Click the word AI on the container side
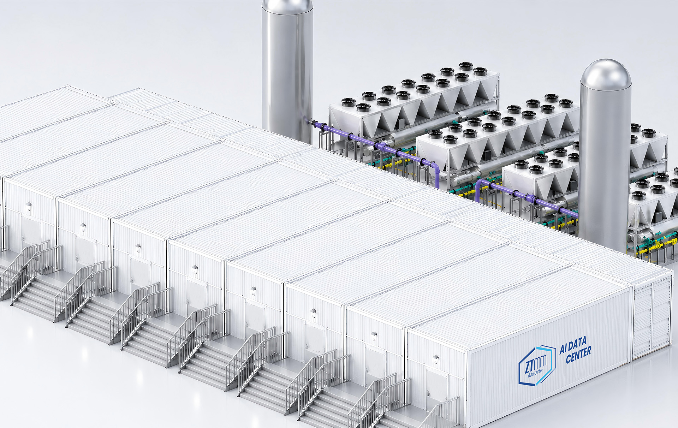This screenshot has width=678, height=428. click(564, 349)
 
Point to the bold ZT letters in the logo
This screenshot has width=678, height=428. click(530, 366)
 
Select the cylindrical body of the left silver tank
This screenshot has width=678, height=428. click(287, 71)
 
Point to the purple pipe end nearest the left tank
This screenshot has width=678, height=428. click(307, 120)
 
